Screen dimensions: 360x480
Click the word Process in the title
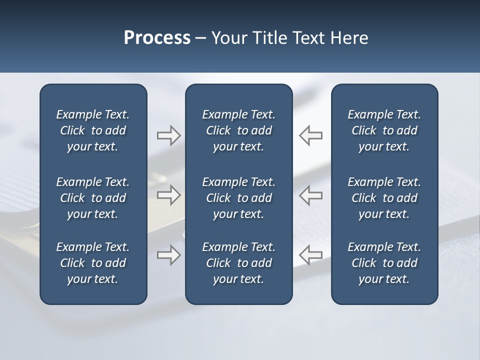[157, 38]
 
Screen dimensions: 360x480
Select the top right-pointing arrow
[168, 135]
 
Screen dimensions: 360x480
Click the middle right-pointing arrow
[168, 194]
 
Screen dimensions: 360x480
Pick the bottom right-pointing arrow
[168, 254]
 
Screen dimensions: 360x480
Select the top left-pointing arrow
[311, 135]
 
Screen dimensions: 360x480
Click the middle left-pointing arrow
[311, 194]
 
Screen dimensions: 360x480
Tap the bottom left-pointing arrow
[311, 254]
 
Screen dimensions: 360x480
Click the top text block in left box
[93, 130]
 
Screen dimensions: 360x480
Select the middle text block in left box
[93, 198]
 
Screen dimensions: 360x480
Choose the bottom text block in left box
[93, 263]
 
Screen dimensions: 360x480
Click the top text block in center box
[238, 130]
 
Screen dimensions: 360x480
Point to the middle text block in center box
[238, 198]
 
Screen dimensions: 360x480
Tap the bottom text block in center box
[238, 263]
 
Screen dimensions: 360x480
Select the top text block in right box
[384, 130]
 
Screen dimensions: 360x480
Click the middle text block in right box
[384, 198]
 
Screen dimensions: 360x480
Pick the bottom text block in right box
[384, 263]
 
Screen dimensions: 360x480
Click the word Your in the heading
[229, 38]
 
